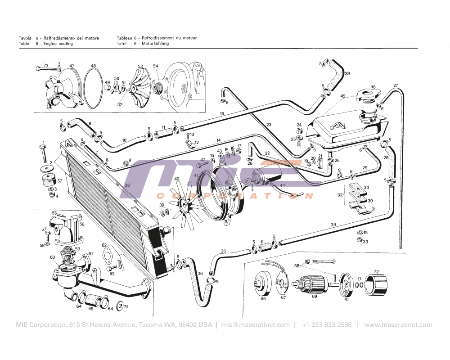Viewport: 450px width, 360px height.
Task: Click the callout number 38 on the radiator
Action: [127, 185]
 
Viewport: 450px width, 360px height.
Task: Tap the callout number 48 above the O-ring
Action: [93, 66]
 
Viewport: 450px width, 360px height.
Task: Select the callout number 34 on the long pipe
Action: [333, 225]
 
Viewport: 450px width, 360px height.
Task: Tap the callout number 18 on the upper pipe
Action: [222, 113]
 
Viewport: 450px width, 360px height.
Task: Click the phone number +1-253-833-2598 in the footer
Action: [327, 325]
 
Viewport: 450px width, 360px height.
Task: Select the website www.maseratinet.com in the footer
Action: [398, 325]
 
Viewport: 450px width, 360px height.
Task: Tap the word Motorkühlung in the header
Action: [155, 44]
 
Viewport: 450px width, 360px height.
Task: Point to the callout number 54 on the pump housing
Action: [156, 66]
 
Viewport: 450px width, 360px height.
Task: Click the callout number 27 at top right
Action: [396, 85]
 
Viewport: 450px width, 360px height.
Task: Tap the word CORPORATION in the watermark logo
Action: [234, 196]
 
